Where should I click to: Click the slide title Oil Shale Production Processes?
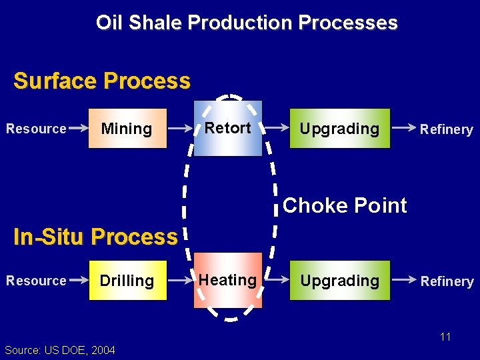[247, 23]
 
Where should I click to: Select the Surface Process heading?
[102, 81]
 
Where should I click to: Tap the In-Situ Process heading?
[96, 237]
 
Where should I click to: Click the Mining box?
[127, 128]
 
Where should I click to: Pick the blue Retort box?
[228, 128]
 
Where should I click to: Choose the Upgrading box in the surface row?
[339, 128]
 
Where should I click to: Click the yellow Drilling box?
[127, 281]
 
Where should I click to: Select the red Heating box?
[228, 280]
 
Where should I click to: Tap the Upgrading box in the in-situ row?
[339, 281]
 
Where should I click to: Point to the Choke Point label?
[345, 205]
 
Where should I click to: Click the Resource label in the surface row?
[36, 129]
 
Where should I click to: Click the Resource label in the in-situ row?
[36, 281]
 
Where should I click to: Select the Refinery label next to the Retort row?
[447, 129]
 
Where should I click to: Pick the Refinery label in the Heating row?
[447, 281]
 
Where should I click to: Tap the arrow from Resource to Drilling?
[79, 280]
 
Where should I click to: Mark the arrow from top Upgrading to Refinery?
[403, 127]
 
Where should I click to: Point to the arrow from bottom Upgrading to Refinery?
[403, 280]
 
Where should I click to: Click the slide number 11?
[445, 337]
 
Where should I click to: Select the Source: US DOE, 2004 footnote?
[59, 350]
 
